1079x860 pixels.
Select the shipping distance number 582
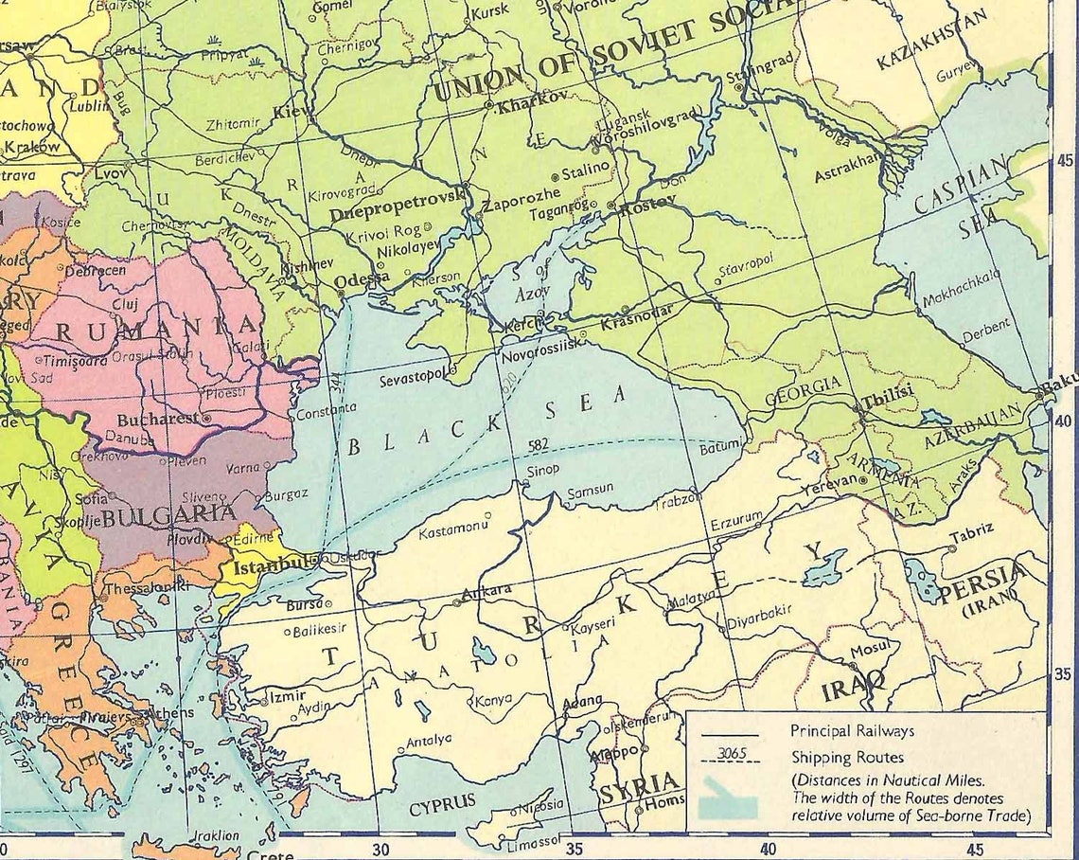click(539, 445)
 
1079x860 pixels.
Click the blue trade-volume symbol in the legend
click(729, 801)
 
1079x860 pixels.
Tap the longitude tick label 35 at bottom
click(575, 849)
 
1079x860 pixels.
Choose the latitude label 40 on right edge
click(1063, 421)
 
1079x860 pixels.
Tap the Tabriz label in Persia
click(972, 534)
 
